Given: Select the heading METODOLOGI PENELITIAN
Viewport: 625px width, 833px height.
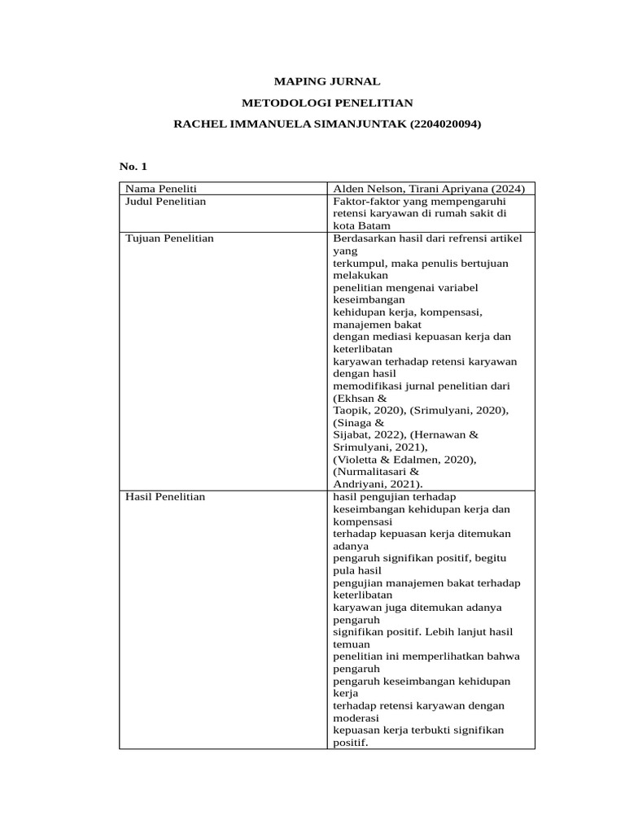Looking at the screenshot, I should coord(327,102).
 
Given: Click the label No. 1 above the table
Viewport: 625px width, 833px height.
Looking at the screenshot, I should coord(133,166).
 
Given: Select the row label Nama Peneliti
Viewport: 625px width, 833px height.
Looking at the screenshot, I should coord(155,189).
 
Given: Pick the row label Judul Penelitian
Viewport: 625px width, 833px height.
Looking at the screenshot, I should coord(164,201).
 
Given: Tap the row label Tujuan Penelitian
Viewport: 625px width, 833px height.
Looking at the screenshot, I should coord(168,238).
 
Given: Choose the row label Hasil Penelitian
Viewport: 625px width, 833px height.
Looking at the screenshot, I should coord(165,496).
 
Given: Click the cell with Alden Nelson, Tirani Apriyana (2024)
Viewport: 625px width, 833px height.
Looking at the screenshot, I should coord(429,189).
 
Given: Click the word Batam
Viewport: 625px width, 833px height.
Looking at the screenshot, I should coord(374,225).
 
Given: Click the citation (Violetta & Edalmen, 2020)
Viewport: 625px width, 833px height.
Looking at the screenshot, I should coord(404,459).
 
